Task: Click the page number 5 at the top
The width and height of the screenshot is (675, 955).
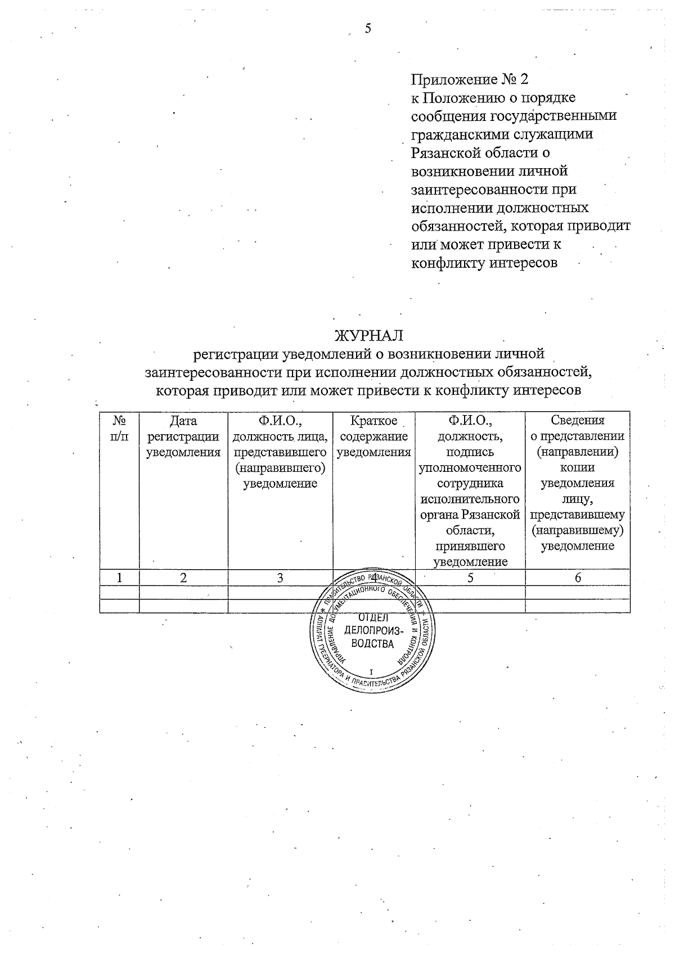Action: coord(368,29)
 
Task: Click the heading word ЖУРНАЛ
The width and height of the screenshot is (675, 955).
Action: coord(369,336)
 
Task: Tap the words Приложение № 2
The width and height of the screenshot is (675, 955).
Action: coord(470,79)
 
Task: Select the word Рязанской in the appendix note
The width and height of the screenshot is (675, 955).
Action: coord(447,152)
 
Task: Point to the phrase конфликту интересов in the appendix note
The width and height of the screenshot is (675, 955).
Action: coord(484,263)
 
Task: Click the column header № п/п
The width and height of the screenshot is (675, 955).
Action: coord(119,429)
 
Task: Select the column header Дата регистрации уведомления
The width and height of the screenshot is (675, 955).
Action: coord(183,436)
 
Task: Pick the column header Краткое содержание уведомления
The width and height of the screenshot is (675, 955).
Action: coord(374,436)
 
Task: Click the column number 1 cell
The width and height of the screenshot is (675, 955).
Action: coord(119,578)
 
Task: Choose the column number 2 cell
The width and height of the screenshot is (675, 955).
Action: coord(183,578)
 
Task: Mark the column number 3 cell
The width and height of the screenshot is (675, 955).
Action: coord(280,578)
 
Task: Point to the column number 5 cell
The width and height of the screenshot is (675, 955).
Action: coord(470,578)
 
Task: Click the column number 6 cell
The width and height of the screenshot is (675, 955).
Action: coord(578,578)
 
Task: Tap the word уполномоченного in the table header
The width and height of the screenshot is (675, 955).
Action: coord(470,467)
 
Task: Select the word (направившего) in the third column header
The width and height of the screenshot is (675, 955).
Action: coord(280,467)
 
